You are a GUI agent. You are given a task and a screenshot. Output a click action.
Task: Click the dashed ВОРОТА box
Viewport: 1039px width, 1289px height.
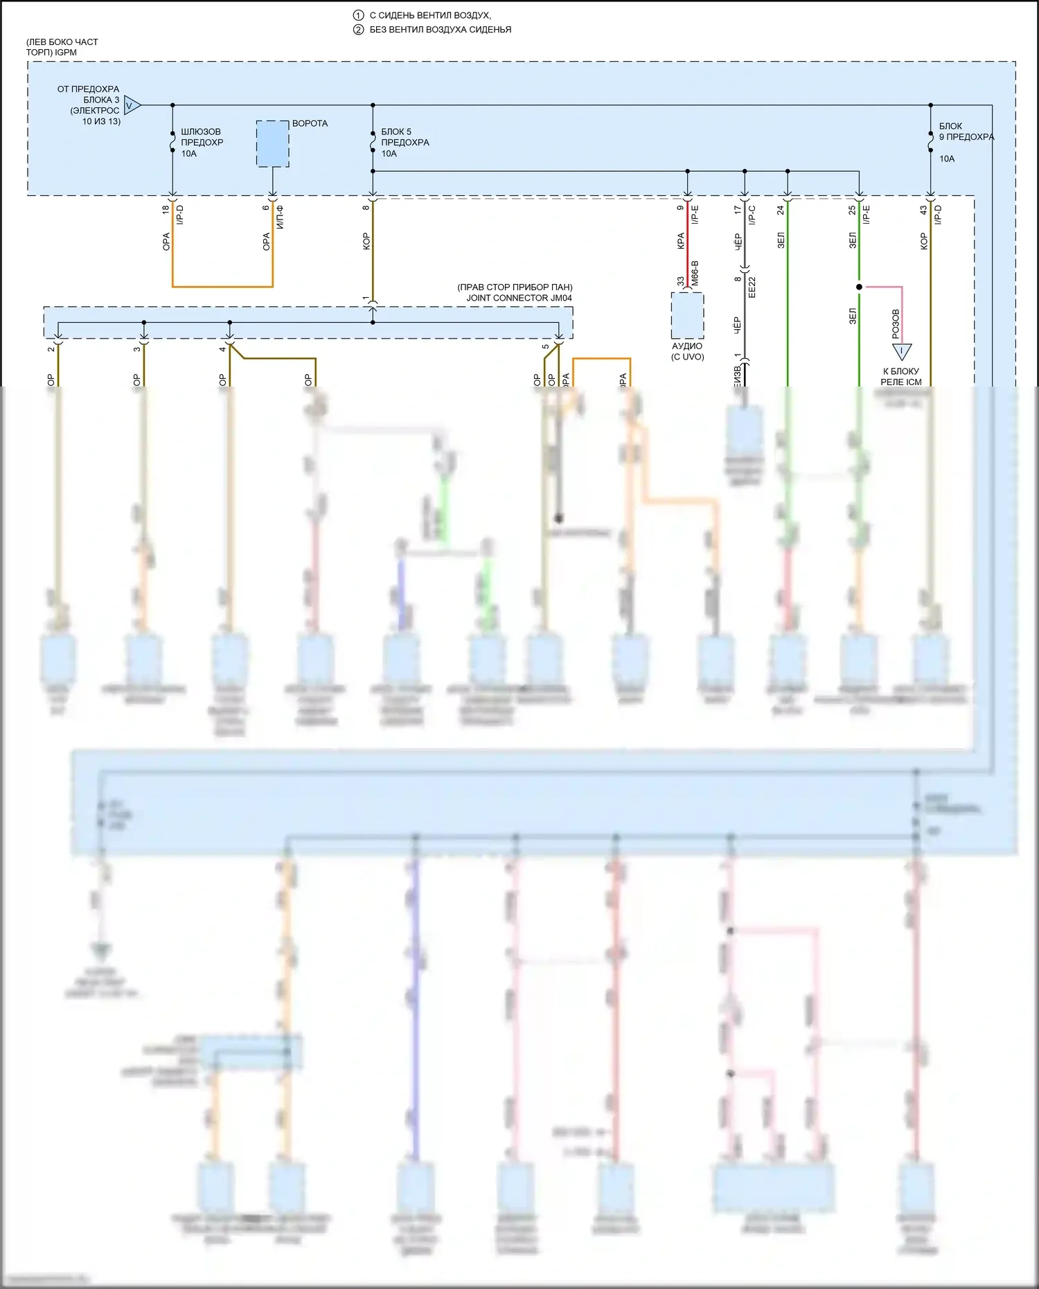pos(273,143)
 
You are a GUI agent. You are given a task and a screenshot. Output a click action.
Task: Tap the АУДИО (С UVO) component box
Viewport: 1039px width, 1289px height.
pos(687,316)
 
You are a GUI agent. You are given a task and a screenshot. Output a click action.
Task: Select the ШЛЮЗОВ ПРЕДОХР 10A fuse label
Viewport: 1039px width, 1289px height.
pos(202,142)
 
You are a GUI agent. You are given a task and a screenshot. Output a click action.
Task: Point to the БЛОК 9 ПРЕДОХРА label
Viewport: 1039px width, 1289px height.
pos(966,132)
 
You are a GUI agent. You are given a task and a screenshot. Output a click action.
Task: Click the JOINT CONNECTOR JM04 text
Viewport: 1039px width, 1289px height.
pos(519,298)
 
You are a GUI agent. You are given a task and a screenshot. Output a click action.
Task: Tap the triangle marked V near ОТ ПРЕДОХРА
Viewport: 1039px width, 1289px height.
pos(132,105)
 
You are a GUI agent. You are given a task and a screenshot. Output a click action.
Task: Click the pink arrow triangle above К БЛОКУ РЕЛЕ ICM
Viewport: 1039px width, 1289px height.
pos(901,351)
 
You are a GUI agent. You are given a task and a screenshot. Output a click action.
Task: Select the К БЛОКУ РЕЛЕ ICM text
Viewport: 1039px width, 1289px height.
pos(901,376)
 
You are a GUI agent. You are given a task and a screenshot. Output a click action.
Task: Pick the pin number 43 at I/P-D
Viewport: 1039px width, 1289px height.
pos(923,209)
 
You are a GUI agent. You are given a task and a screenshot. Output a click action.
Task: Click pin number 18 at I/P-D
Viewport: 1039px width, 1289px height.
pos(166,209)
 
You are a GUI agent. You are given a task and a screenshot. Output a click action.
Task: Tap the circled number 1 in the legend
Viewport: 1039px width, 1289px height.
pos(358,15)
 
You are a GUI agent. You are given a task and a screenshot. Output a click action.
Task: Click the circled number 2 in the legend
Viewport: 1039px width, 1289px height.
pos(358,30)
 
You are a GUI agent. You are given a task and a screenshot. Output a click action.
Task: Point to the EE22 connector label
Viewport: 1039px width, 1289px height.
pos(752,287)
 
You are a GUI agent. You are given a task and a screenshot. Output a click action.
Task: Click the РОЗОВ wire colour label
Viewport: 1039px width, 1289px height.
pos(895,323)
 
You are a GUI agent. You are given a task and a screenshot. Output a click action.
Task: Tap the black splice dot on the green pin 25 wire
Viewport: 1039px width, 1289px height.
pos(859,287)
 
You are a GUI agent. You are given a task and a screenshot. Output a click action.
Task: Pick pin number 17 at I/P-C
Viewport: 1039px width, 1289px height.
pos(738,208)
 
